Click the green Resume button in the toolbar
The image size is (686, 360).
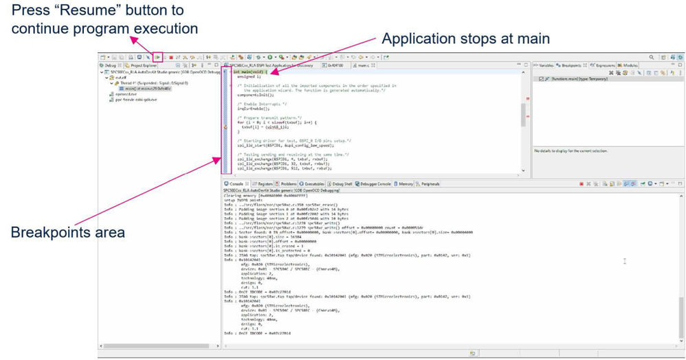coord(157,58)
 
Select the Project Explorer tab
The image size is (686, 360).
coord(143,66)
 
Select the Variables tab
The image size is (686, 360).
coord(546,66)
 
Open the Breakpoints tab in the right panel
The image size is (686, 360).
coord(571,66)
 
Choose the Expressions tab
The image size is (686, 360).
coord(605,66)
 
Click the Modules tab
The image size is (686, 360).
coord(633,66)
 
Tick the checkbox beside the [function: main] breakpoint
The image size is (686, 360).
coord(541,79)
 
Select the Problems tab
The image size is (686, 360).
coord(288,184)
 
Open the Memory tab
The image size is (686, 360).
coord(405,184)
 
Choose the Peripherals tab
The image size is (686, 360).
coord(430,184)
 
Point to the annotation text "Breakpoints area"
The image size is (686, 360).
coord(67,232)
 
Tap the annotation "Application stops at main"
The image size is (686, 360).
coord(465,38)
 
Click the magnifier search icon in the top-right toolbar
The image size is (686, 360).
coord(652,58)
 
